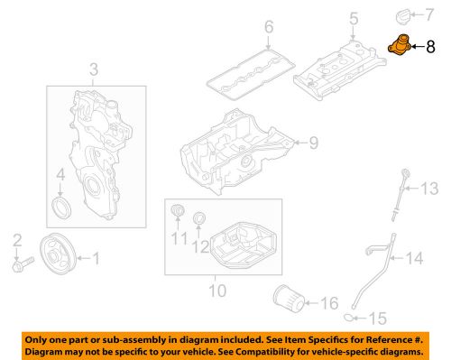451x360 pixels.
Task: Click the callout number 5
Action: [354, 17]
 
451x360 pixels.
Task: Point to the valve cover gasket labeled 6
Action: [247, 69]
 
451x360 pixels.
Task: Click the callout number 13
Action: [430, 188]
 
